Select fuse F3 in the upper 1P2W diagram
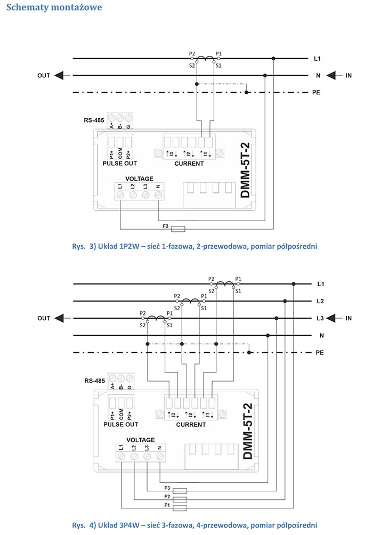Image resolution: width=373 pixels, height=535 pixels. pos(177,228)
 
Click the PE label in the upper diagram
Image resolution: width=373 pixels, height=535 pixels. pos(316,92)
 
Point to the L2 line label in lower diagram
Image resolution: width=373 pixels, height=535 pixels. pos(320,301)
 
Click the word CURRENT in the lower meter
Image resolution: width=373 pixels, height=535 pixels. pos(190,425)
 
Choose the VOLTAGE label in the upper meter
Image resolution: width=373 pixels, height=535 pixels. pos(139,179)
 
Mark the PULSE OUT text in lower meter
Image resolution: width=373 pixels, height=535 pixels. pos(120,425)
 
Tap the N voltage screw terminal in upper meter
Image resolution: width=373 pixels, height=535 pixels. pos(158,196)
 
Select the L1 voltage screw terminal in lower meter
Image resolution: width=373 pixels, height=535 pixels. pos(121,457)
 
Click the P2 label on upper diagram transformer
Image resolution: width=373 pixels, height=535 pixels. pos(192,54)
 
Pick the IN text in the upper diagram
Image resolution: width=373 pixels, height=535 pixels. pos(348,76)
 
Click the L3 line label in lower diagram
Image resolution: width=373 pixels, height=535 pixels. pos(320,318)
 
